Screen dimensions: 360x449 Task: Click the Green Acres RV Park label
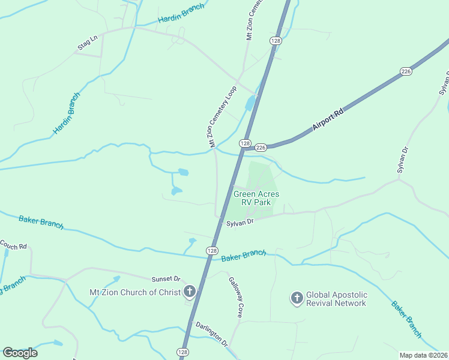click(x=256, y=198)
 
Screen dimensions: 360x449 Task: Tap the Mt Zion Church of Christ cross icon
click(x=189, y=292)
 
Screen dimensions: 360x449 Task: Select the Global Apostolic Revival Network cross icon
click(x=297, y=298)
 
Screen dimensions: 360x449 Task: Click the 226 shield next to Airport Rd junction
click(x=261, y=147)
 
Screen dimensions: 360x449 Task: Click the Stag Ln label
click(x=87, y=43)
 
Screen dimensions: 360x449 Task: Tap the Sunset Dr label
click(x=166, y=279)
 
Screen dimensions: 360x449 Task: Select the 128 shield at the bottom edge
click(x=184, y=352)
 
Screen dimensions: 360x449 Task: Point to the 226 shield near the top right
click(x=406, y=71)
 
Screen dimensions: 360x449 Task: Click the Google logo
click(x=20, y=353)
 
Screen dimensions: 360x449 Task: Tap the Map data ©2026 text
click(x=423, y=355)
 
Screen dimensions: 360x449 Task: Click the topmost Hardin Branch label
click(x=181, y=14)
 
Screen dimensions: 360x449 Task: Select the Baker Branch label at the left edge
click(x=41, y=221)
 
